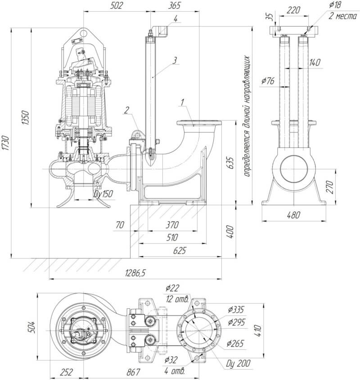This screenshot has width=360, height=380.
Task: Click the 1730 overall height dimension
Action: coord(5,143)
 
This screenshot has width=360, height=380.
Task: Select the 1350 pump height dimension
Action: coord(25,118)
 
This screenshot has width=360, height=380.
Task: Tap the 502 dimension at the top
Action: coord(117,5)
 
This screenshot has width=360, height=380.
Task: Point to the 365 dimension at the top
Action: coord(175,5)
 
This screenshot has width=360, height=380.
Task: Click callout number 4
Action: coord(175,18)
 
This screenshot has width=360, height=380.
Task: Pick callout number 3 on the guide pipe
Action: coord(175,60)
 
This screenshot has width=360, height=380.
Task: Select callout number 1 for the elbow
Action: coord(182,102)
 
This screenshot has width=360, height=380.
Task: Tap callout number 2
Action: coord(127,110)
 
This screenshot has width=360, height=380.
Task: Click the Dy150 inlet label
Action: coord(103,194)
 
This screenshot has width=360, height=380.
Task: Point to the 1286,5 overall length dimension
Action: coord(135,273)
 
